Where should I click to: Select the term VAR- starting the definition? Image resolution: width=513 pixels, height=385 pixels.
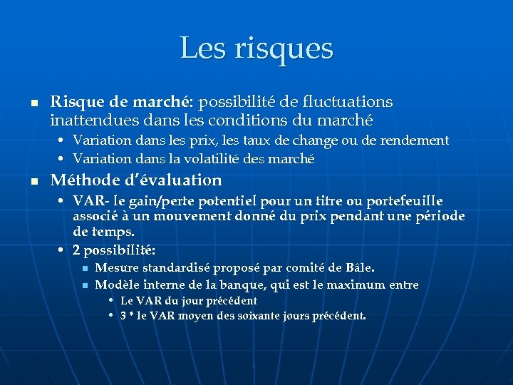point(88,202)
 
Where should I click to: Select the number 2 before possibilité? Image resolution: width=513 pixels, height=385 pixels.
point(76,251)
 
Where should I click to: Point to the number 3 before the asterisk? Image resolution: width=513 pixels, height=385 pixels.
point(123,315)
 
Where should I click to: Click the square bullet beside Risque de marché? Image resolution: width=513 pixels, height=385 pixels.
point(32,103)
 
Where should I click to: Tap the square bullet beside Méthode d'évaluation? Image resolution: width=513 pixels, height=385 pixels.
point(32,181)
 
